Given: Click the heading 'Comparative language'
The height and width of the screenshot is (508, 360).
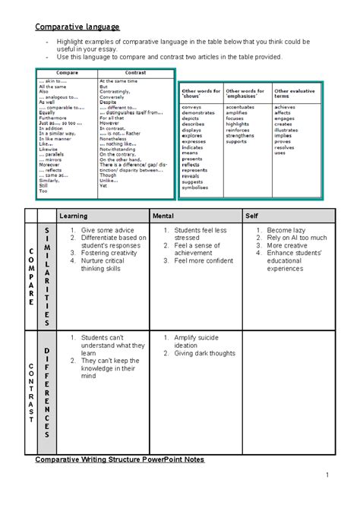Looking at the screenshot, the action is [x=79, y=28].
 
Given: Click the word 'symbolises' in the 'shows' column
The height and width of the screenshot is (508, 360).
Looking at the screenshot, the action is [x=194, y=188].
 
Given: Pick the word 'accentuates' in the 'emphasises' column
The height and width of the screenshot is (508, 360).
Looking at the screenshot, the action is [x=241, y=108].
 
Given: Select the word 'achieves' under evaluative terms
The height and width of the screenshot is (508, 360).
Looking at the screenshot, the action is [x=285, y=108].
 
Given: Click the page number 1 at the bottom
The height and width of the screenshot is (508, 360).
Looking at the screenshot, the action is [x=323, y=475].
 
